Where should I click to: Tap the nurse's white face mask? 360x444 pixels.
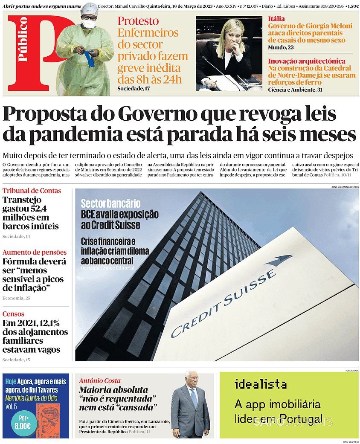coord(89,24)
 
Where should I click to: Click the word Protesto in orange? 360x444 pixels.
coord(138,21)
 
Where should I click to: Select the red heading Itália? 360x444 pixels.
coord(277,18)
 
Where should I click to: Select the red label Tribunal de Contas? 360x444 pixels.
coord(32,191)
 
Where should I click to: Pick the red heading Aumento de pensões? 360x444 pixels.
coord(35,252)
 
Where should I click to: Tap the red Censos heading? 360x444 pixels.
coord(13,314)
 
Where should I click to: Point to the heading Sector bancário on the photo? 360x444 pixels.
coord(110,203)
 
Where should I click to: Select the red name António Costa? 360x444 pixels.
coord(100,380)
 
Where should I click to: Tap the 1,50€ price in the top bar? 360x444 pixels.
coord(352,6)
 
